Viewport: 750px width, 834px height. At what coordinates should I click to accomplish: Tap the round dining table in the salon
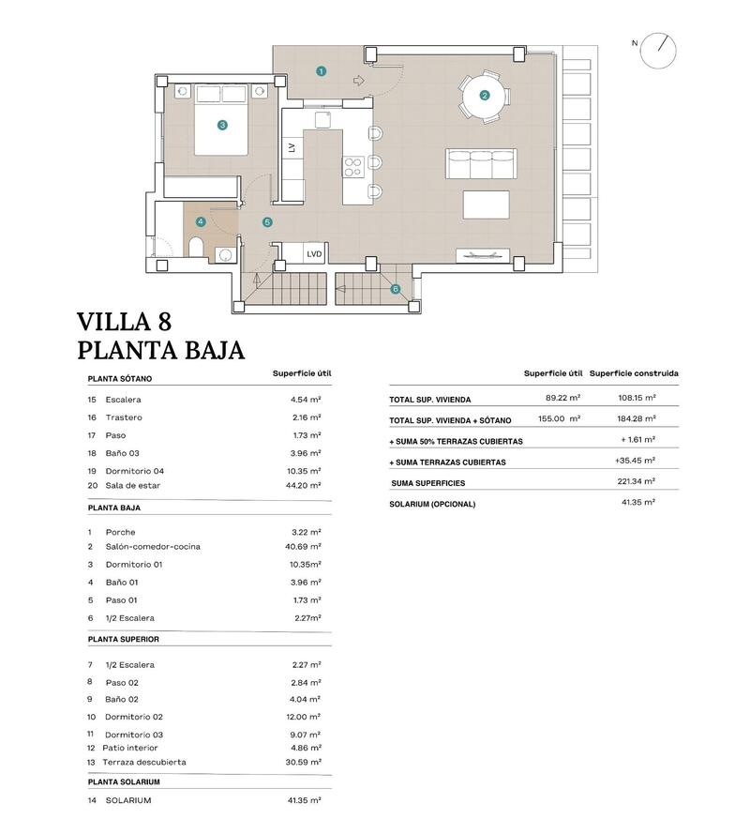[x=484, y=95]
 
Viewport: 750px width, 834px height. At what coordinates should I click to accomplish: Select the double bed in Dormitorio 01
[x=222, y=121]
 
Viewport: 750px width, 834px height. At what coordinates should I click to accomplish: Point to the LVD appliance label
[x=313, y=253]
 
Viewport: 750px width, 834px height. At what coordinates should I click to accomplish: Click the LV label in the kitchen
[x=292, y=147]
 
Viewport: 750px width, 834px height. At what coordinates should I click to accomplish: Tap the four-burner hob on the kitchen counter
[x=353, y=167]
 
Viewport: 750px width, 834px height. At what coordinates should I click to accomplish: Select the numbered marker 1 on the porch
[x=322, y=70]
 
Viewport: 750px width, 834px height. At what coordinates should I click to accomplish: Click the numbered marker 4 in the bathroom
[x=201, y=222]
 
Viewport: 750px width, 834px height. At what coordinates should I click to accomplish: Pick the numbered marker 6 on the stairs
[x=395, y=289]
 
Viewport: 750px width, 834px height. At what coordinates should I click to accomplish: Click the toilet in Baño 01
[x=197, y=248]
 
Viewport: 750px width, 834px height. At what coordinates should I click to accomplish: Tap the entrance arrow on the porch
[x=357, y=81]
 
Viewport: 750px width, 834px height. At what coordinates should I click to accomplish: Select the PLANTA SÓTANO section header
[x=120, y=379]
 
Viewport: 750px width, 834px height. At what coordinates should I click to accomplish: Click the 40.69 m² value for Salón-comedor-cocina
[x=306, y=546]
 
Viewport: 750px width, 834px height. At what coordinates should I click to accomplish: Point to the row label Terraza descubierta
[x=145, y=762]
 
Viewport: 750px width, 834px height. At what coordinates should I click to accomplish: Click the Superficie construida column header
[x=634, y=373]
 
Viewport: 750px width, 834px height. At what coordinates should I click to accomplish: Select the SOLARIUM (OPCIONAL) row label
[x=432, y=504]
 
